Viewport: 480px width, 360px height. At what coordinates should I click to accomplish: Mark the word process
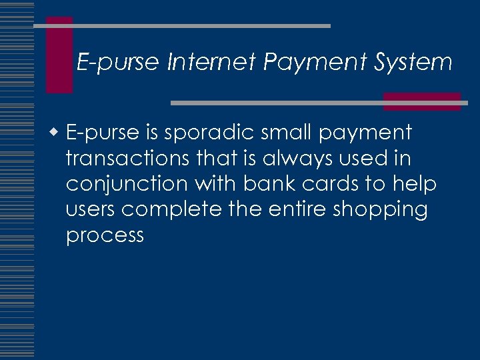[x=105, y=235]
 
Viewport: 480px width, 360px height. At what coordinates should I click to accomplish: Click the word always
[x=298, y=159]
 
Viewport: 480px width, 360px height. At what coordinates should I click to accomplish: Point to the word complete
[x=172, y=210]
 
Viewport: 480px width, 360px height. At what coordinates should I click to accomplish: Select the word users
[x=91, y=210]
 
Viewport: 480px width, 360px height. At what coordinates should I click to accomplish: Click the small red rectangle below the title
[x=421, y=101]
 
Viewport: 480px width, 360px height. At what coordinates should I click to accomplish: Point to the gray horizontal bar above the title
[x=181, y=25]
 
